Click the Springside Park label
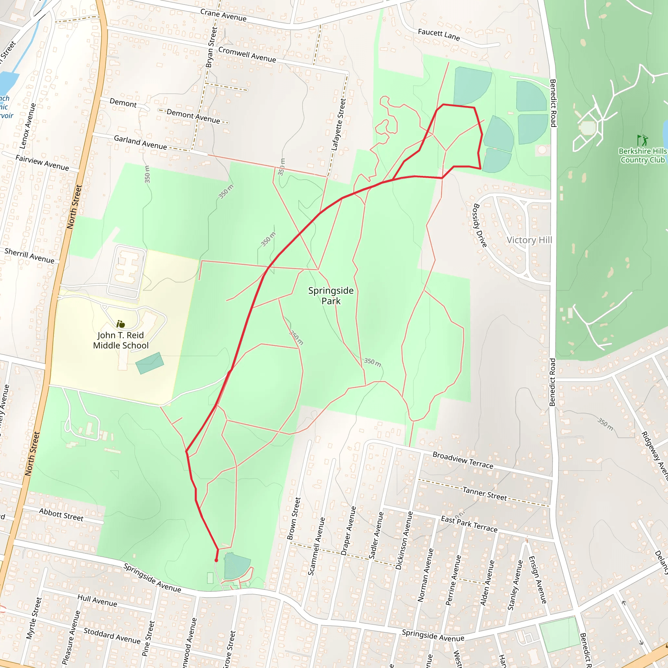pyautogui.click(x=331, y=296)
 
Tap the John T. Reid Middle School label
pyautogui.click(x=121, y=340)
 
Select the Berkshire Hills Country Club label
pyautogui.click(x=643, y=156)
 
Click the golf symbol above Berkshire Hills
pyautogui.click(x=643, y=140)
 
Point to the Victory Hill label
pyautogui.click(x=529, y=240)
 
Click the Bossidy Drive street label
pyautogui.click(x=480, y=225)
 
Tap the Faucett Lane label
pyautogui.click(x=439, y=35)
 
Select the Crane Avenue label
pyautogui.click(x=223, y=15)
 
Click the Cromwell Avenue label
pyautogui.click(x=247, y=54)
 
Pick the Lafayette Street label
pyautogui.click(x=339, y=125)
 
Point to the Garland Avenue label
pyautogui.click(x=140, y=143)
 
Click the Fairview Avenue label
pyautogui.click(x=42, y=162)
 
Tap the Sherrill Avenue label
pyautogui.click(x=29, y=255)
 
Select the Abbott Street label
pyautogui.click(x=61, y=514)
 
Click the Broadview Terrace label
pyautogui.click(x=463, y=460)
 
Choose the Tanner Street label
pyautogui.click(x=485, y=494)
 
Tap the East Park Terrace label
pyautogui.click(x=469, y=524)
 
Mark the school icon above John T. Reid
pyautogui.click(x=120, y=324)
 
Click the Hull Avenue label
pyautogui.click(x=97, y=600)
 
